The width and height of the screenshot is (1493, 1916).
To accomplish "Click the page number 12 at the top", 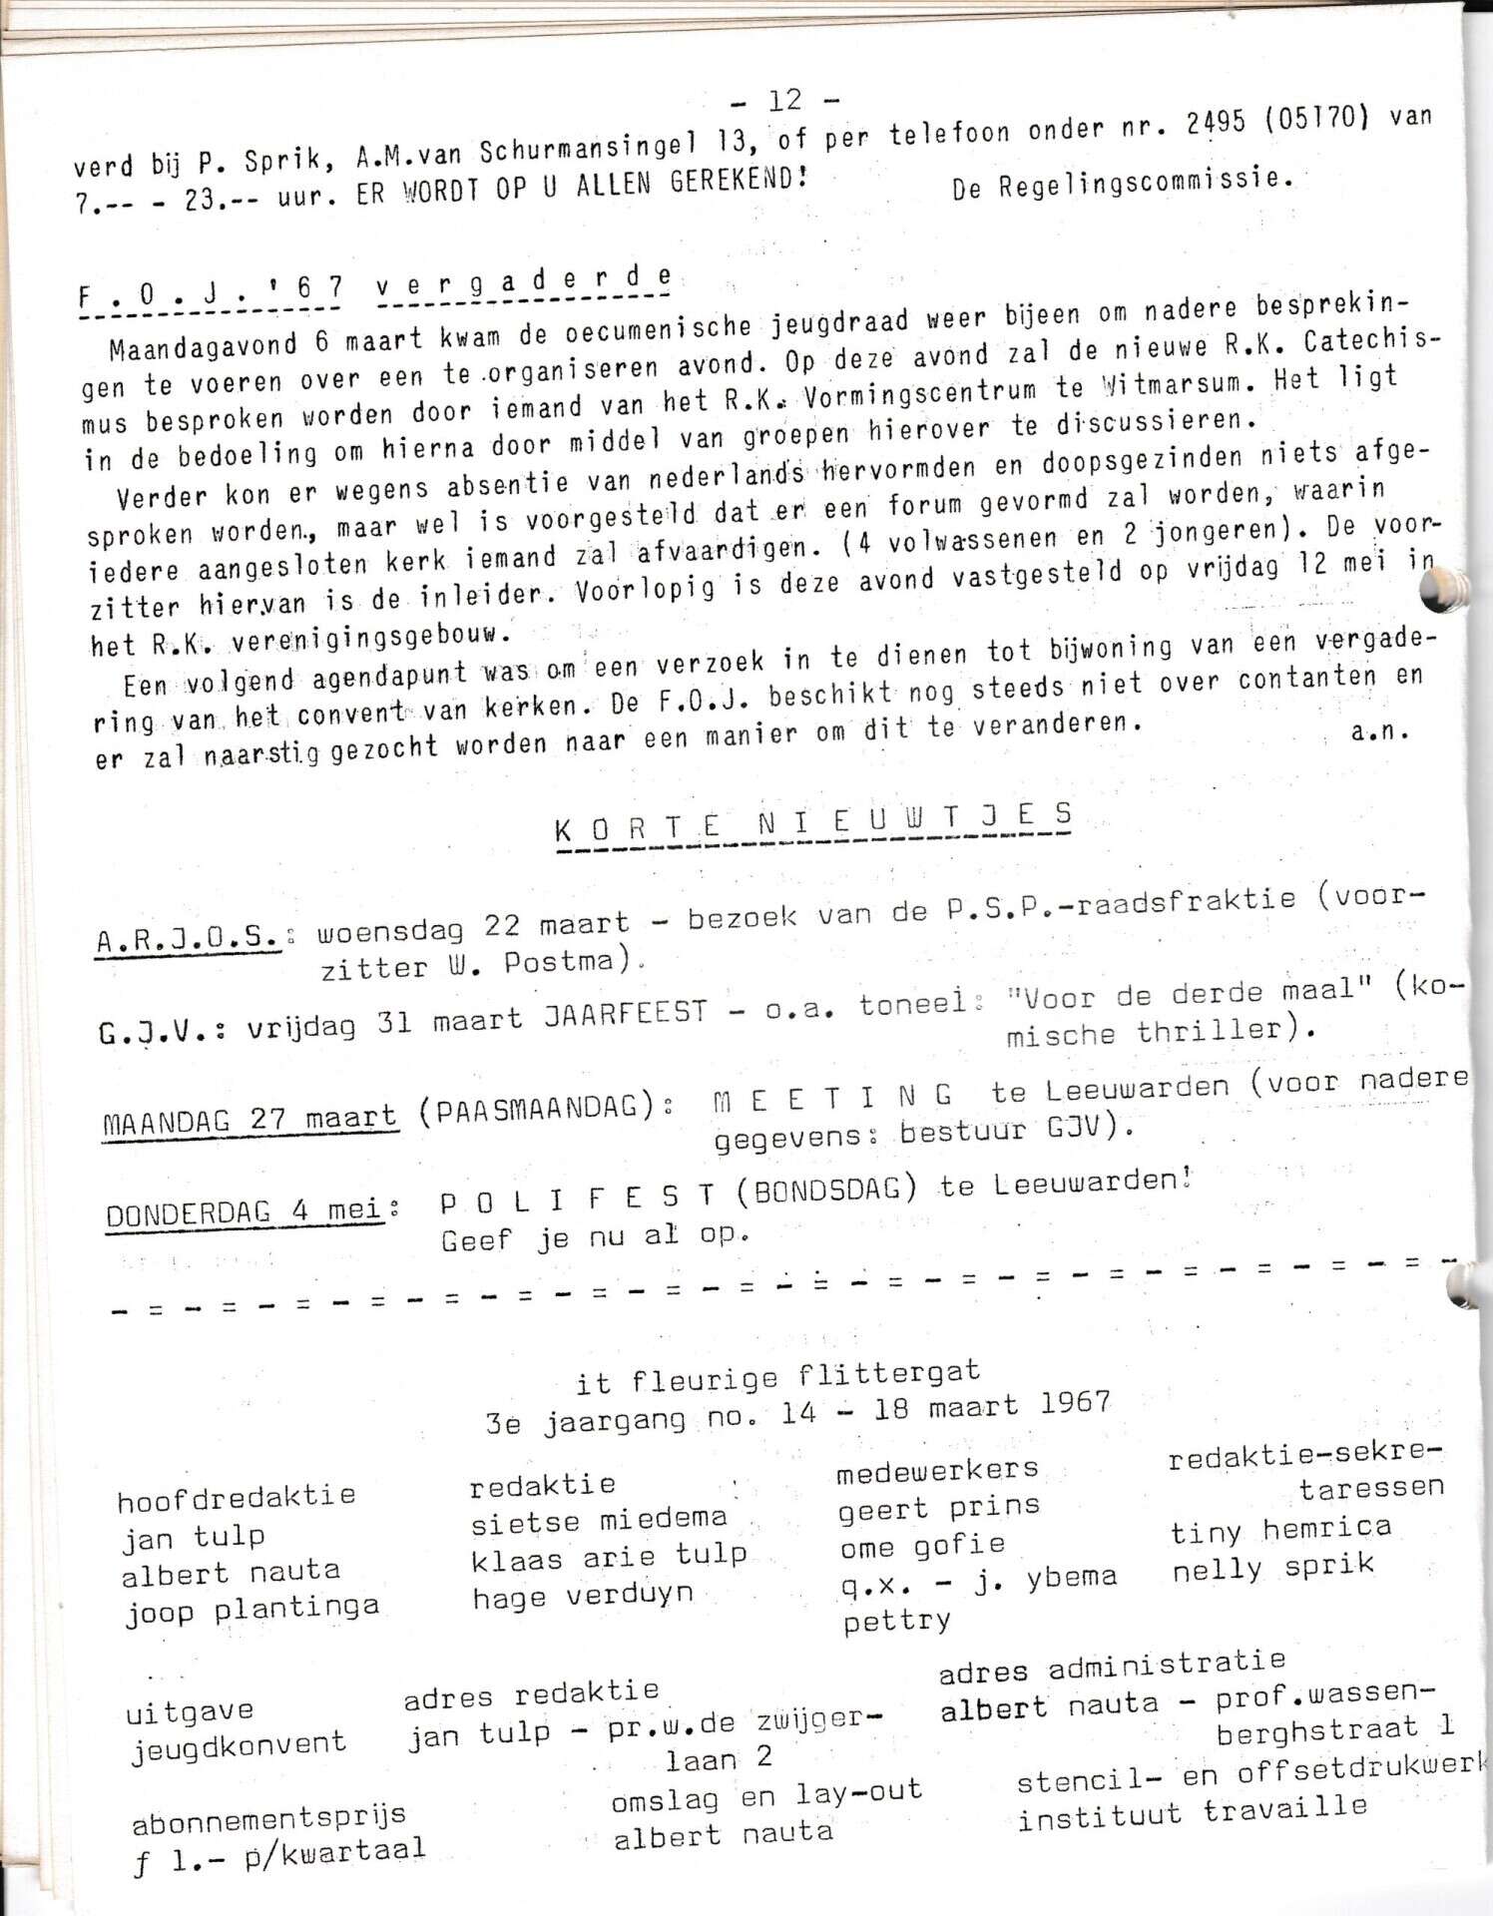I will (785, 99).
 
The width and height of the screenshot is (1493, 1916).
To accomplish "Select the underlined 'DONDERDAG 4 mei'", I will (246, 1211).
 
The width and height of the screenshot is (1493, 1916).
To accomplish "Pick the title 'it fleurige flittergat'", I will (777, 1377).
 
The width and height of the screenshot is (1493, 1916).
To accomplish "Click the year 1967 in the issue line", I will (1073, 1403).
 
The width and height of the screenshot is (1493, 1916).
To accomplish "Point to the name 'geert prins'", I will (938, 1508).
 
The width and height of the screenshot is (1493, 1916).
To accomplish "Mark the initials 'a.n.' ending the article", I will (1380, 731).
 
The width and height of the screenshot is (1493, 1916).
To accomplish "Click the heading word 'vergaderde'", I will (524, 284).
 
